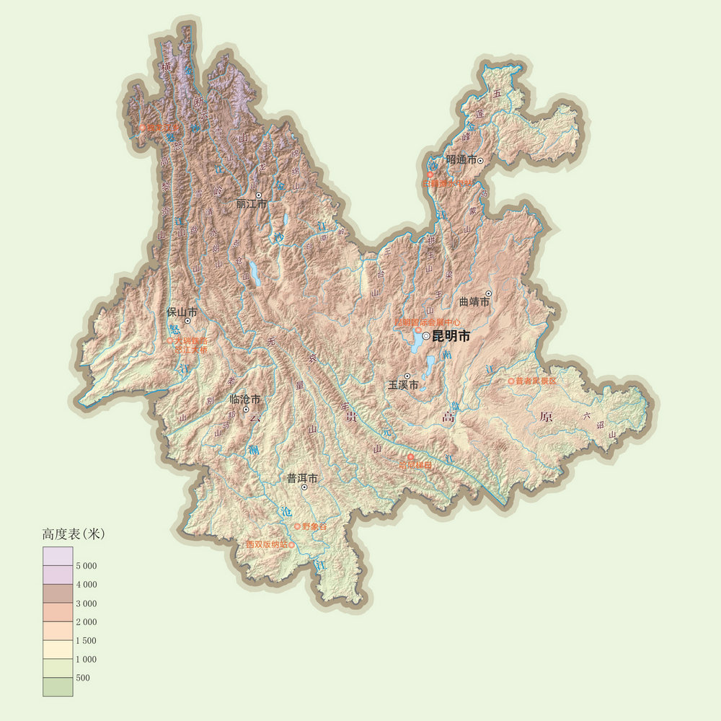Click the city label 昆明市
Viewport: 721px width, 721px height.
coord(451,336)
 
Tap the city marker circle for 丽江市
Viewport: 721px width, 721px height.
coord(258,195)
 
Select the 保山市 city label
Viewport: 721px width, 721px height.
coord(182,312)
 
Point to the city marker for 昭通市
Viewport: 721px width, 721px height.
coord(480,160)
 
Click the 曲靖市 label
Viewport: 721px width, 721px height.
coord(474,302)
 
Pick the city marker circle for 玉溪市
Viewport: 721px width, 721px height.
coord(407,376)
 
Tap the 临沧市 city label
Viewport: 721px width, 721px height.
coord(244,399)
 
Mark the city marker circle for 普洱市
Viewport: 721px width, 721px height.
coord(304,487)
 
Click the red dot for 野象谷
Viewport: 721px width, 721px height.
coord(297,526)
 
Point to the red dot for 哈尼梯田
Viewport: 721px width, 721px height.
coord(410,457)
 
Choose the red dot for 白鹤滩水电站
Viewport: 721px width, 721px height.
coord(430,174)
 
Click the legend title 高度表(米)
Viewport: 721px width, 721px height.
coord(74,534)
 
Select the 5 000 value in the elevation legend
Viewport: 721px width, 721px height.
coord(86,566)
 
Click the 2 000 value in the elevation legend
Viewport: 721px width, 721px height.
coord(86,622)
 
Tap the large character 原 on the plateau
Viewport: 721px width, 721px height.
coord(546,417)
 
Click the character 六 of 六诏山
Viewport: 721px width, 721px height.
coord(586,415)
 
